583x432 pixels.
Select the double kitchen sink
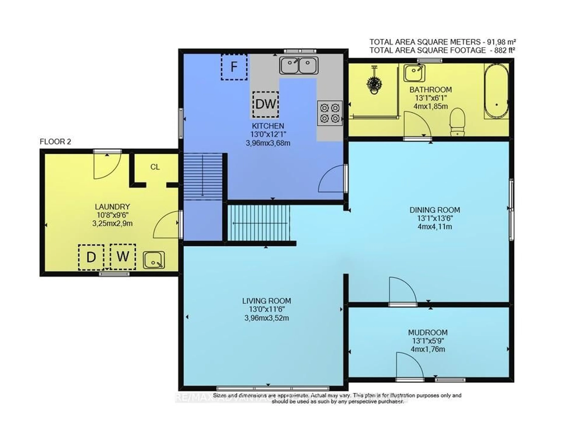click(299, 65)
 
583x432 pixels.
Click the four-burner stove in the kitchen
click(330, 113)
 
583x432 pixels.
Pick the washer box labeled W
click(123, 256)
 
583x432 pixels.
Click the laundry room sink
click(154, 260)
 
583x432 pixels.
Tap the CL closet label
click(155, 167)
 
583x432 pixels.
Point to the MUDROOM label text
click(428, 333)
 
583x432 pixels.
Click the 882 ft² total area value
click(504, 50)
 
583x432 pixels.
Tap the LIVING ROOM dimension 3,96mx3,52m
click(266, 318)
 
